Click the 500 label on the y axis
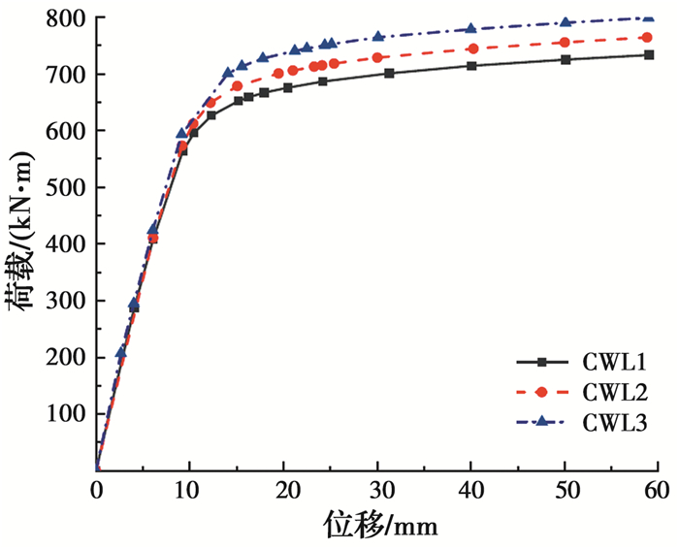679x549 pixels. click(x=65, y=188)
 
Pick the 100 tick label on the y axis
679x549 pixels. click(x=65, y=414)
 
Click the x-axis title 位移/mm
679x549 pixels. click(x=380, y=525)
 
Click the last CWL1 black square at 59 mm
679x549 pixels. click(x=649, y=54)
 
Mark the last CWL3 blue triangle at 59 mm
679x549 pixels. click(x=649, y=17)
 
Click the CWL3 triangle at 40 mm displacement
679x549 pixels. click(x=471, y=29)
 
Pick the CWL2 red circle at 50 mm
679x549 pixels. click(x=565, y=43)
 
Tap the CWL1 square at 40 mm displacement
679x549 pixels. click(x=471, y=66)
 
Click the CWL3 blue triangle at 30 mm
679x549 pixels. click(x=378, y=37)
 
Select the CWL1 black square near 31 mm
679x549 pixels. click(x=389, y=73)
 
